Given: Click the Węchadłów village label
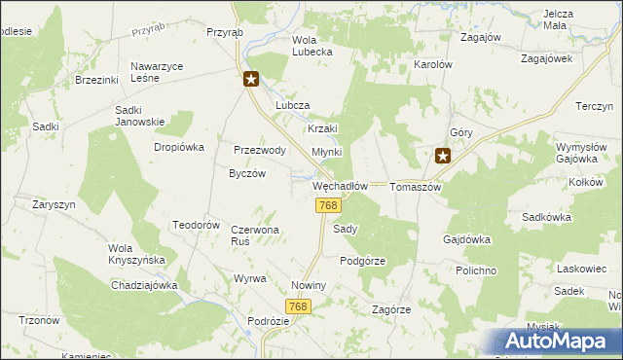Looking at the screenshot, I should click(340, 186).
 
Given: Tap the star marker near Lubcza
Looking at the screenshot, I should click(251, 81).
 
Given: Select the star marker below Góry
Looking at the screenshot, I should click(443, 154).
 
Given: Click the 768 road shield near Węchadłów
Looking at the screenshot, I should click(328, 205).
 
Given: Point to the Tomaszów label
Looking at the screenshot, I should click(416, 186).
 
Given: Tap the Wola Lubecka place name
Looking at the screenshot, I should click(312, 46).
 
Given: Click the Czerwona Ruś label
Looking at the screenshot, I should click(255, 234).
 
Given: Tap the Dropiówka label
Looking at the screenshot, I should click(178, 147).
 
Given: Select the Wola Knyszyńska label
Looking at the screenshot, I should click(137, 254).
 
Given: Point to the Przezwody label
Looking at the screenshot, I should click(259, 150).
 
